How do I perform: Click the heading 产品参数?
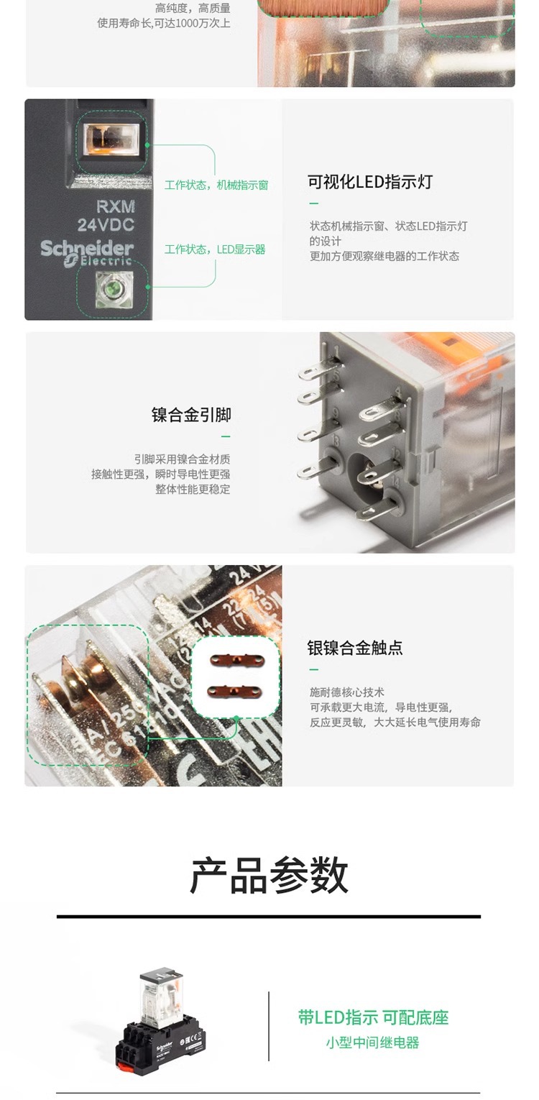[x=269, y=875]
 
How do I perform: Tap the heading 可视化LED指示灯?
[x=370, y=182]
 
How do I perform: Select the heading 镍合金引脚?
[x=191, y=415]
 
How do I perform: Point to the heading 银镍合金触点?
[x=355, y=648]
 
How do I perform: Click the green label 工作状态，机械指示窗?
[x=216, y=185]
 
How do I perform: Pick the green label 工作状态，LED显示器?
[x=215, y=249]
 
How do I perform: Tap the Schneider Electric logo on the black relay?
[x=87, y=253]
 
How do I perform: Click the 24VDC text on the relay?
[x=106, y=225]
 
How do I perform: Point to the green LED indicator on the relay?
[x=113, y=291]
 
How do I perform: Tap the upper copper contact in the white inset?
[x=234, y=659]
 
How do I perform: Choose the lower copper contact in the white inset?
[x=234, y=691]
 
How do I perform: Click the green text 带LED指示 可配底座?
[x=373, y=1017]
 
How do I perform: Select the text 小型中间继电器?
[x=372, y=1042]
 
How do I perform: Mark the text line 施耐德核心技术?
[x=347, y=692]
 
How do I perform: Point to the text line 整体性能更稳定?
[x=193, y=489]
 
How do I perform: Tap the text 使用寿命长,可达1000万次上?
[x=164, y=23]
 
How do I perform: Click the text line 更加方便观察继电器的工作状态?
[x=384, y=256]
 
